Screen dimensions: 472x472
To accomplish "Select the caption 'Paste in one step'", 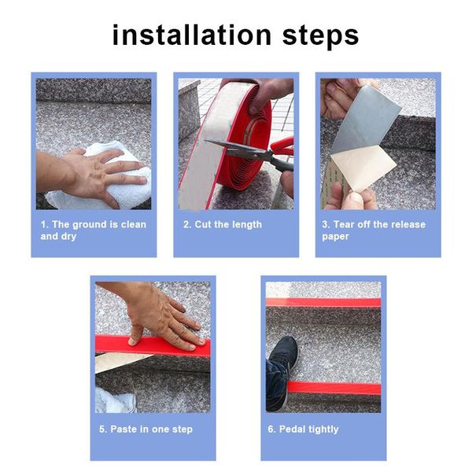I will [x=147, y=429].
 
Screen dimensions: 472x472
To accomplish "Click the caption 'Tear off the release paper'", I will [x=373, y=230].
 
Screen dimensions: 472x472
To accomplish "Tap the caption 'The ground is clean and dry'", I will [x=93, y=230].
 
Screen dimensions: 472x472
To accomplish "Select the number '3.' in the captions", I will [x=326, y=224].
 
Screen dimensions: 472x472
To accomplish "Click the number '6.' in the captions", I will [x=271, y=429].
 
